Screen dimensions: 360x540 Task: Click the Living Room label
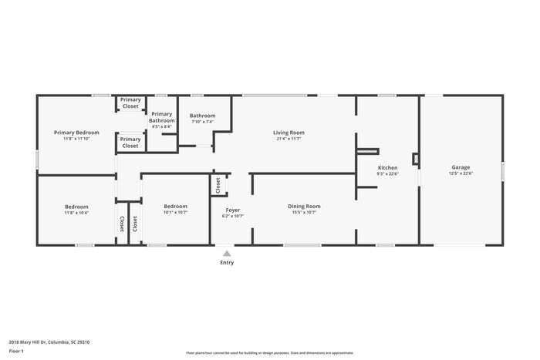289,133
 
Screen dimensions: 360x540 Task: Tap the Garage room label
461,167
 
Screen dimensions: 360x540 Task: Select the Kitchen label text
387,167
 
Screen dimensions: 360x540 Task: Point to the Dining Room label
304,206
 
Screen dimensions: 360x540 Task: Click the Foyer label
232,210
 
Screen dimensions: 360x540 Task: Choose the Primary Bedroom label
76,133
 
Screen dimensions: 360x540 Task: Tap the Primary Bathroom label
162,117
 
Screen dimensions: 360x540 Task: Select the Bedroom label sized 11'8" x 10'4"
76,207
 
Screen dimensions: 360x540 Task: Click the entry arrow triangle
226,252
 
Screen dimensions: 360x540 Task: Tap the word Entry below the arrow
227,263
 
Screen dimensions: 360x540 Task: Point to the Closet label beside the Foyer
218,185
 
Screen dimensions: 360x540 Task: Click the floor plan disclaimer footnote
269,352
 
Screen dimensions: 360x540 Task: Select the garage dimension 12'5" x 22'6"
461,173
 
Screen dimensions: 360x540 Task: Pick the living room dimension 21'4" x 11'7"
289,139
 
